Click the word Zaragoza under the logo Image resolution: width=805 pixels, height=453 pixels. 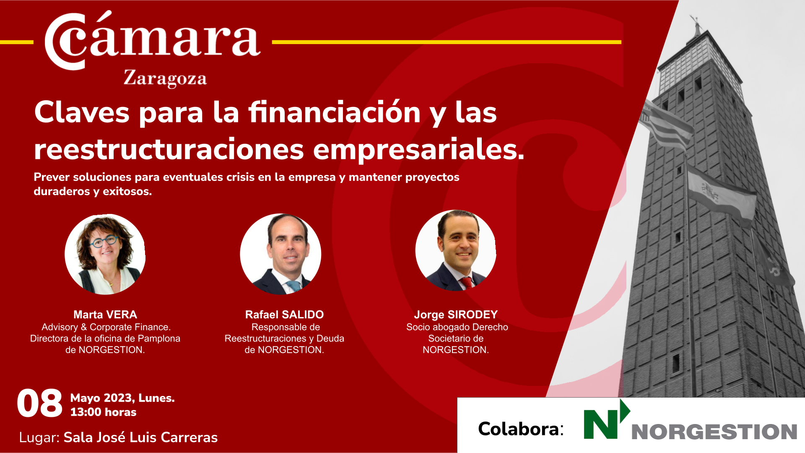(x=165, y=78)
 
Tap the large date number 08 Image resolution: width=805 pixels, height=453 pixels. (x=39, y=404)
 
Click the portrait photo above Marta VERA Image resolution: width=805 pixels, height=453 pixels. (x=105, y=254)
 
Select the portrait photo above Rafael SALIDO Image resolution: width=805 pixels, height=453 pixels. (x=280, y=254)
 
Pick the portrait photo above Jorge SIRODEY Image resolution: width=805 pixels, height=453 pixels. (x=456, y=250)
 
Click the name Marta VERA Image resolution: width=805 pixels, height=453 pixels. (x=105, y=315)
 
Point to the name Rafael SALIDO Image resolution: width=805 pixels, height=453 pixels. (x=284, y=315)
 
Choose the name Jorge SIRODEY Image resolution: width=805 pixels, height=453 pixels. (x=456, y=315)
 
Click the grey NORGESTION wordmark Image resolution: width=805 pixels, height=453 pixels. (x=714, y=432)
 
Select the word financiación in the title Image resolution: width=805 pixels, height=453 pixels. (x=335, y=112)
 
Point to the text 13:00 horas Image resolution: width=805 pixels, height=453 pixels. (x=103, y=412)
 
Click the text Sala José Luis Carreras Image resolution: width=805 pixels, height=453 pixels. (x=140, y=437)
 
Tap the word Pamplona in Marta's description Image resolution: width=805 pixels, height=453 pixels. (x=159, y=338)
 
